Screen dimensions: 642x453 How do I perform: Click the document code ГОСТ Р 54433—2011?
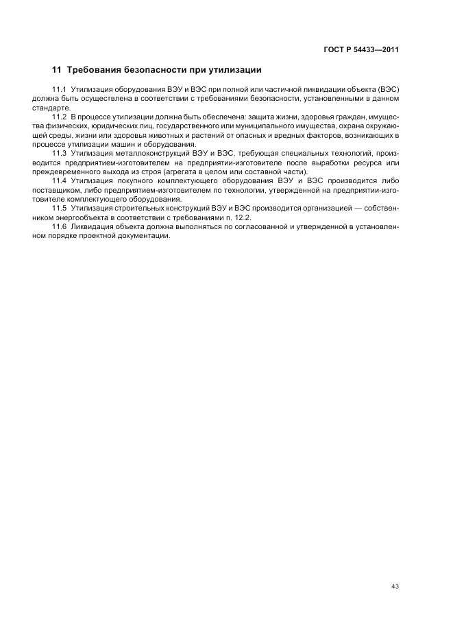pyautogui.click(x=361, y=49)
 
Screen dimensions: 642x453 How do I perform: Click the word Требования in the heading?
pyautogui.click(x=94, y=70)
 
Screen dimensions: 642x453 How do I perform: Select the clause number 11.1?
pyautogui.click(x=58, y=91)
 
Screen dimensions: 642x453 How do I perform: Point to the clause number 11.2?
pyautogui.click(x=58, y=117)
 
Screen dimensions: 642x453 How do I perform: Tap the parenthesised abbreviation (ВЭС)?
pyautogui.click(x=388, y=91)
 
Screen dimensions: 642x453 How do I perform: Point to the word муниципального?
pyautogui.click(x=260, y=126)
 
